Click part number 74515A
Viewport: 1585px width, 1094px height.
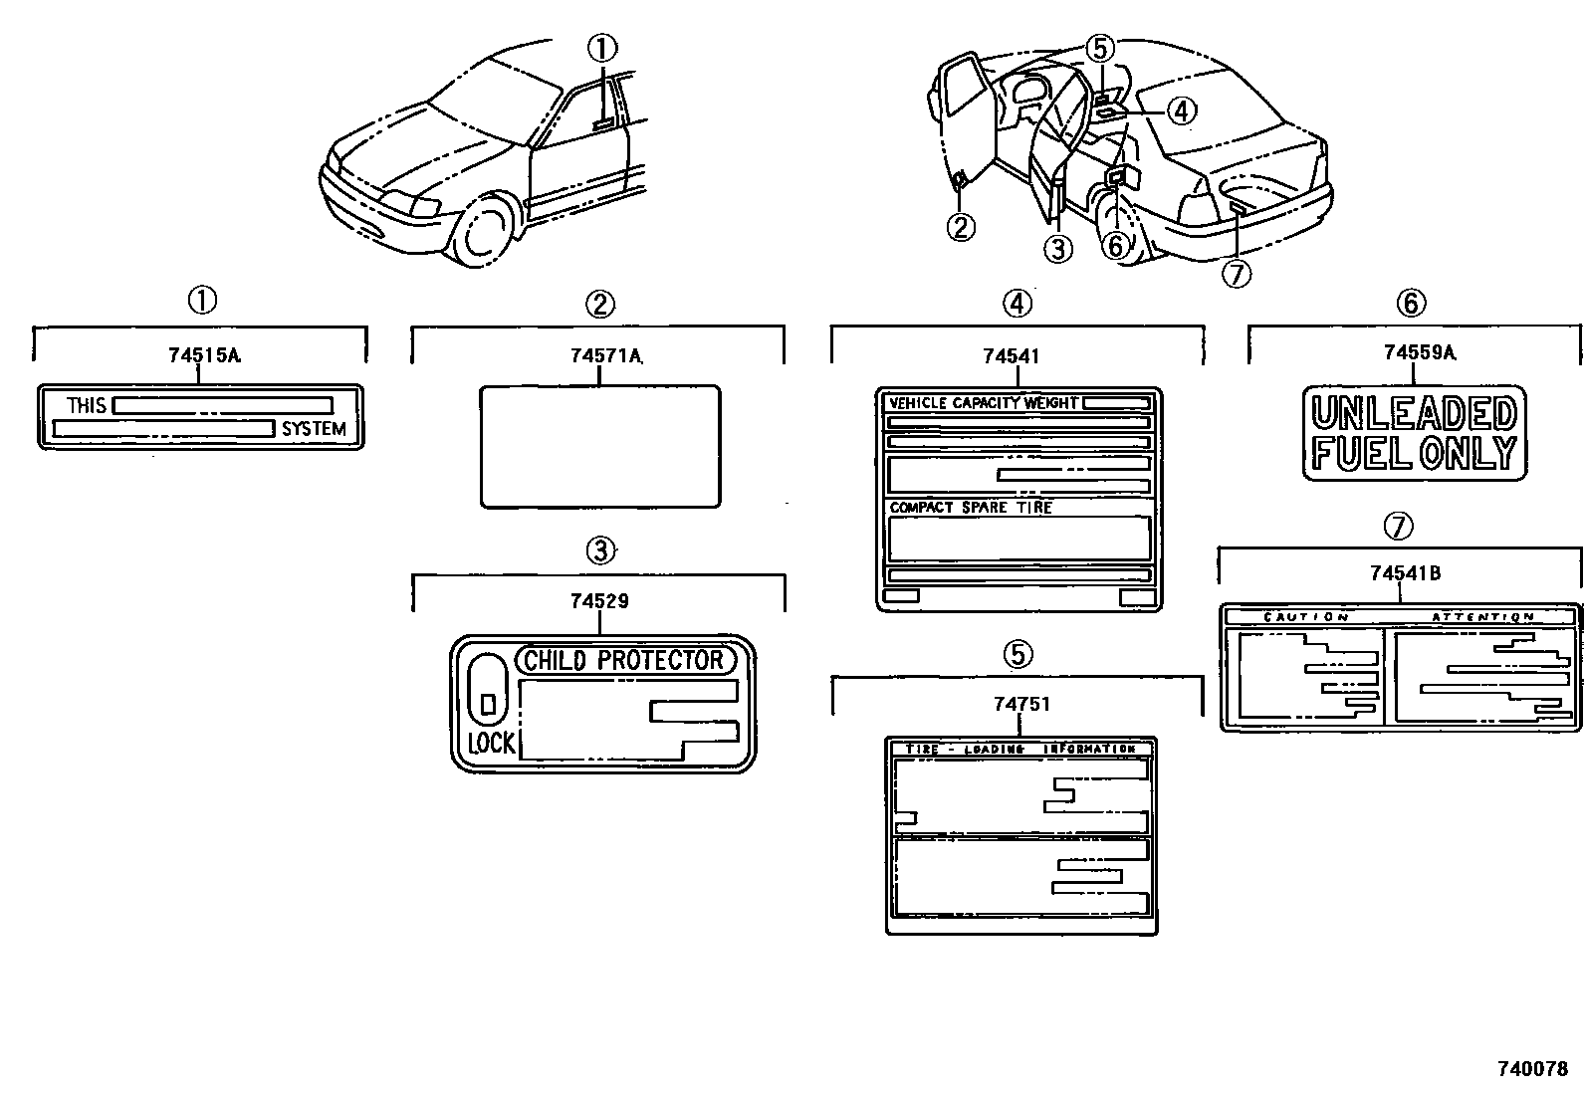click(203, 355)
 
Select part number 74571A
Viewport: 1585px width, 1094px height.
click(605, 355)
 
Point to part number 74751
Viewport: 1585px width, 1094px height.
click(1020, 704)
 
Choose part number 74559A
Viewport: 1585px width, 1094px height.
click(1418, 351)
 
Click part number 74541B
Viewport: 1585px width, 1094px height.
click(1405, 572)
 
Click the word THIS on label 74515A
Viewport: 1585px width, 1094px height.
click(87, 405)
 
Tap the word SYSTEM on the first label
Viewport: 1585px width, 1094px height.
click(314, 429)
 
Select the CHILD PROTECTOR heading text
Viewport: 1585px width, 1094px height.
click(624, 660)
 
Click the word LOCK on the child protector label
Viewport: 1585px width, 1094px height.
click(491, 743)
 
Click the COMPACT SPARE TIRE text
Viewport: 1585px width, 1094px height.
click(970, 508)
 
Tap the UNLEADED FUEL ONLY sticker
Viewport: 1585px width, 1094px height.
click(1415, 432)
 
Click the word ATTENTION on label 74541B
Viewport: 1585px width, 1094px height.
click(1482, 617)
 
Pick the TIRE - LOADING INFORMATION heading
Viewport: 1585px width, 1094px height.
click(1020, 749)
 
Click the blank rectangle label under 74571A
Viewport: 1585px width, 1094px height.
click(600, 446)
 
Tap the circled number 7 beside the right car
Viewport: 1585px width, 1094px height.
click(1236, 273)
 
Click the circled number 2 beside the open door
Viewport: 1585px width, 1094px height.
click(961, 227)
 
